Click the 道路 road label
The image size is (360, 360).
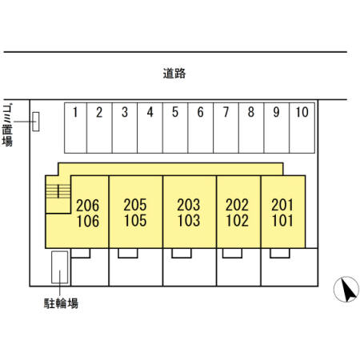pyautogui.click(x=174, y=74)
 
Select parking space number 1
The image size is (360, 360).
pyautogui.click(x=76, y=128)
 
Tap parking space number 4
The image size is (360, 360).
pyautogui.click(x=150, y=128)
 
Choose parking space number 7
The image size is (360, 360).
pyautogui.click(x=226, y=128)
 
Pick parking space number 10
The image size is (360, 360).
pyautogui.click(x=302, y=128)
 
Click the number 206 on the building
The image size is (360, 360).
pyautogui.click(x=87, y=206)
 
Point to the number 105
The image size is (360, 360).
pyautogui.click(x=135, y=221)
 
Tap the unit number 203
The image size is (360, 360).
pyautogui.click(x=189, y=205)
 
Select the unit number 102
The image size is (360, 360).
pyautogui.click(x=237, y=221)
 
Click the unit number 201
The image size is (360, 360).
pyautogui.click(x=282, y=205)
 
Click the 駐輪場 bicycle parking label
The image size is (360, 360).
pyautogui.click(x=61, y=303)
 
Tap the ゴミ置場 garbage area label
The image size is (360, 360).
pyautogui.click(x=7, y=125)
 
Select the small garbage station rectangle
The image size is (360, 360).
pyautogui.click(x=36, y=122)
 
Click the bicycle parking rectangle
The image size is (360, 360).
pyautogui.click(x=59, y=267)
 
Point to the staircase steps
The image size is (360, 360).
pyautogui.click(x=58, y=191)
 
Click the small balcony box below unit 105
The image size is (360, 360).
pyautogui.click(x=128, y=253)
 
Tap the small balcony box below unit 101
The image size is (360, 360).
pyautogui.click(x=280, y=253)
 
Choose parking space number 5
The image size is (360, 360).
pyautogui.click(x=175, y=128)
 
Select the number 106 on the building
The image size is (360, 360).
pyautogui.click(x=88, y=221)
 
